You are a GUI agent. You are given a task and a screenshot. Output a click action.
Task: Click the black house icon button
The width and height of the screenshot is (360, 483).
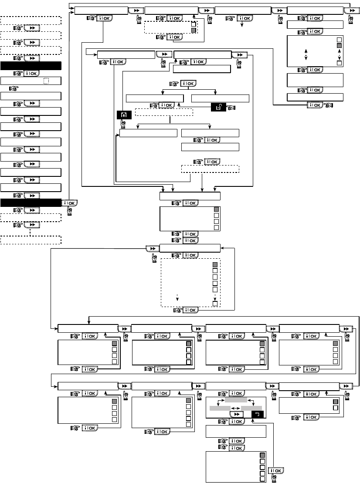[x=121, y=115]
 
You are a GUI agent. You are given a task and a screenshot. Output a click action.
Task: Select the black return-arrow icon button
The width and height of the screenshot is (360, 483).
[x=257, y=415]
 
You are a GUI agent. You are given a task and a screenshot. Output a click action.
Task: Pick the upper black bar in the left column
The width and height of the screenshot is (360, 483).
[x=31, y=66]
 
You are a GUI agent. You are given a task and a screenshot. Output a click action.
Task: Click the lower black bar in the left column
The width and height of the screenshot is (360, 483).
[x=31, y=203]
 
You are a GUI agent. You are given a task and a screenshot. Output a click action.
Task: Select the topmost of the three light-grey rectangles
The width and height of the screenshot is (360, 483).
[x=236, y=399]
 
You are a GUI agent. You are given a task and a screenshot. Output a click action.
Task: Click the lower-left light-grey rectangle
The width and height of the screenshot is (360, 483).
[x=220, y=408]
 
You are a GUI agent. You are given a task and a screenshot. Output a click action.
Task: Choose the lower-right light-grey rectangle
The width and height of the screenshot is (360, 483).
[x=251, y=408]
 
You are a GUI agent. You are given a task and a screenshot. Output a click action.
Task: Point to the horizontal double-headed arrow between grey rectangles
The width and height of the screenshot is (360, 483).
[x=235, y=408]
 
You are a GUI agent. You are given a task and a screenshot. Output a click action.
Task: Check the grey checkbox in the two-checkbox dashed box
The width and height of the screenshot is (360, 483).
[x=194, y=30]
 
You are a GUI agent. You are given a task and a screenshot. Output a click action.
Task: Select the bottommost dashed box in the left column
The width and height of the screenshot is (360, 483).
[x=31, y=240]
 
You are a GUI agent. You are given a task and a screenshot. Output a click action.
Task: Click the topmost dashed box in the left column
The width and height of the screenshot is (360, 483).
[x=31, y=20]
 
